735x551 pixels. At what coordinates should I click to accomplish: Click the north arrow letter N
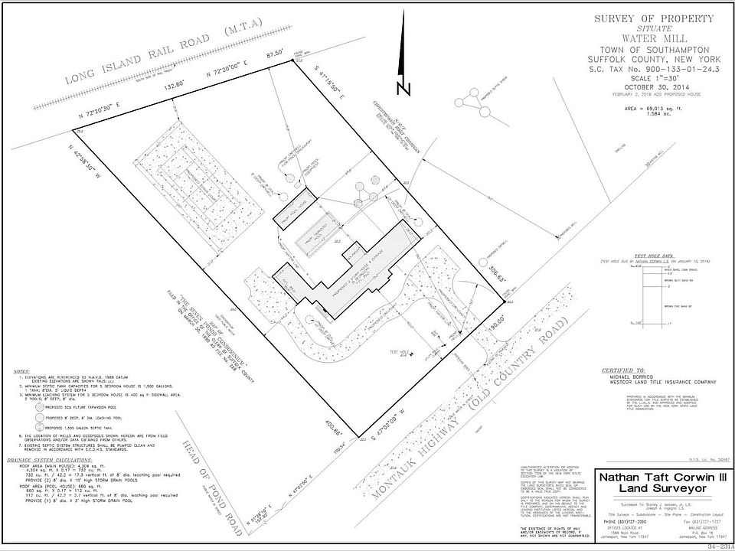click(x=405, y=87)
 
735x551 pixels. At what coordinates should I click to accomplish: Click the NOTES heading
click(x=22, y=372)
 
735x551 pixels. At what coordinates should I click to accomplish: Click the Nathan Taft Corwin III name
click(x=655, y=478)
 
